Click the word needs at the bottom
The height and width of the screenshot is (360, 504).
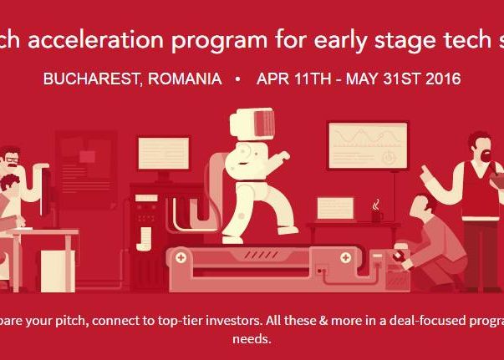[252, 340]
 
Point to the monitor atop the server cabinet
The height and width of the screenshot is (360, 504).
[164, 155]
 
